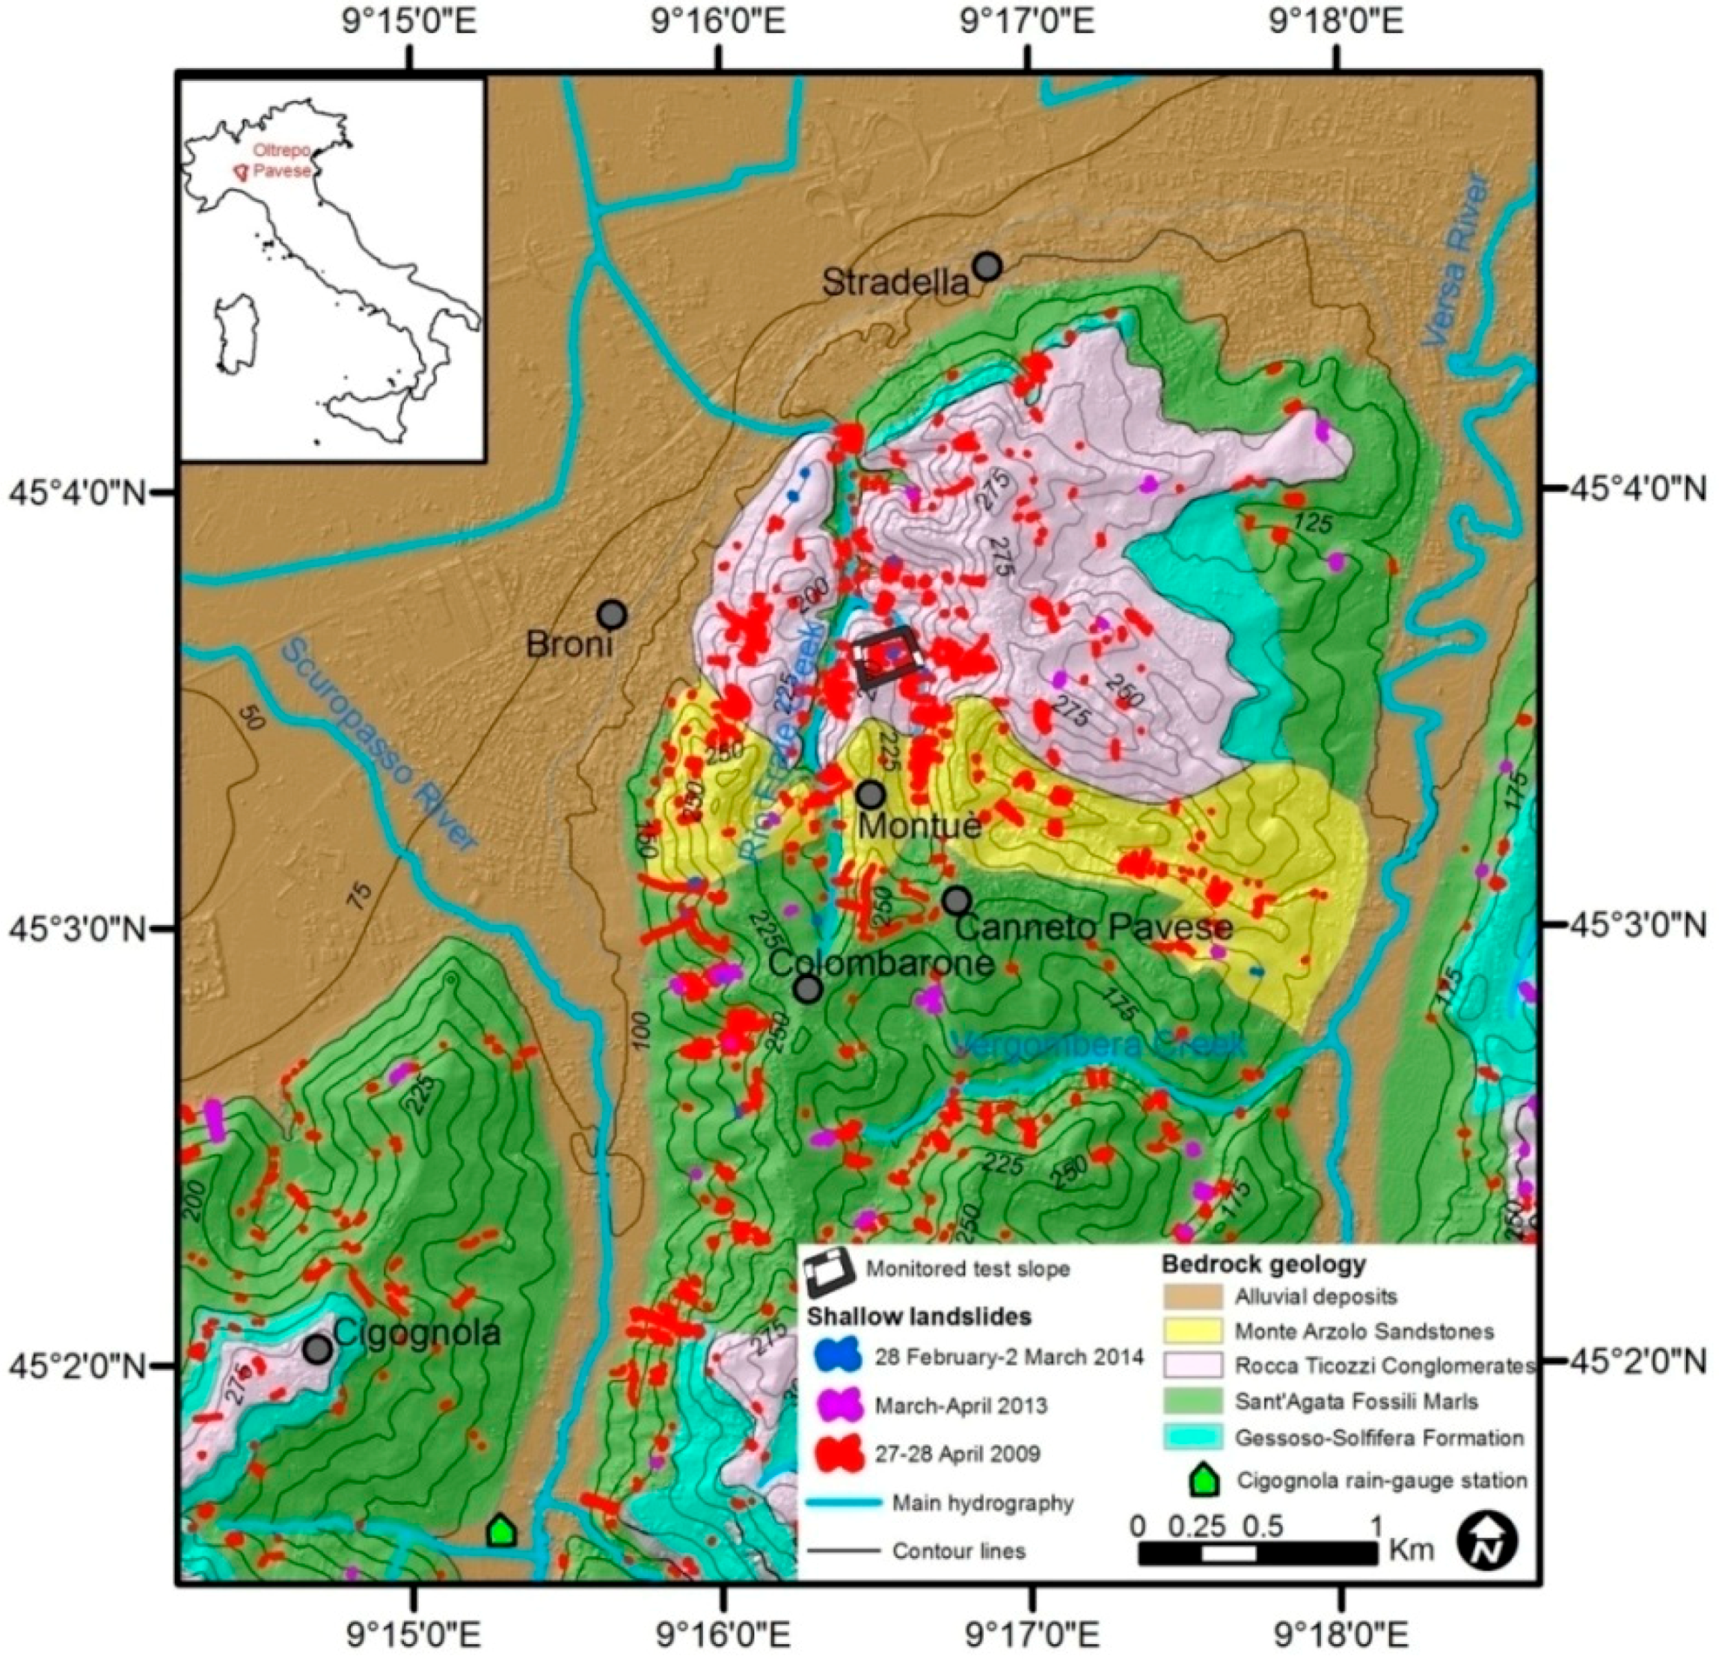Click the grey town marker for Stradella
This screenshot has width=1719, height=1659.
[987, 265]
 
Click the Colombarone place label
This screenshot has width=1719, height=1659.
[880, 963]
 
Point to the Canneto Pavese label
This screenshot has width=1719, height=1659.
[1093, 927]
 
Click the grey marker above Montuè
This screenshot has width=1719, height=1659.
[870, 795]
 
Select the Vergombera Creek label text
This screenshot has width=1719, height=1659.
[1098, 1045]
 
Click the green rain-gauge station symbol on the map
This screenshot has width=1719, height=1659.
[500, 1531]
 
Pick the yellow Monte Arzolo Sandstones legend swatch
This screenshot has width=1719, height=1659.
[1192, 1331]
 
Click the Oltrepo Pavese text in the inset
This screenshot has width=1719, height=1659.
[281, 162]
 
